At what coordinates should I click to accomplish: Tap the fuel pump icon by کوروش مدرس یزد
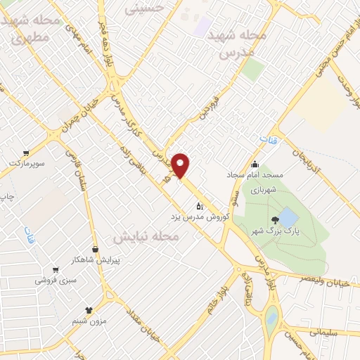tap(200, 206)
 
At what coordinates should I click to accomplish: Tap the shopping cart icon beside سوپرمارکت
tap(26, 153)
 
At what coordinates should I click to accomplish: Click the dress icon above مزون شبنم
tap(89, 309)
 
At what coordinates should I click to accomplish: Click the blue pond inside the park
tap(286, 216)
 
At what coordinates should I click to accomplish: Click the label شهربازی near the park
tap(263, 188)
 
